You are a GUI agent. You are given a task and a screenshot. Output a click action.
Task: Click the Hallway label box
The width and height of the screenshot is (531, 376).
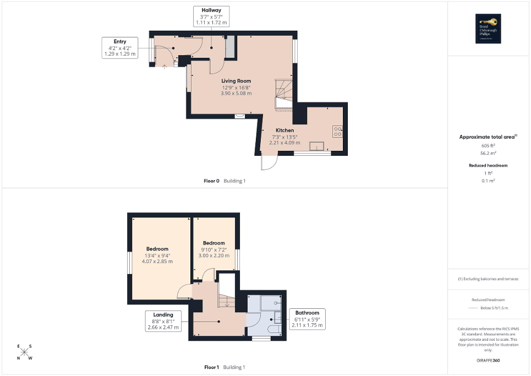(211, 17)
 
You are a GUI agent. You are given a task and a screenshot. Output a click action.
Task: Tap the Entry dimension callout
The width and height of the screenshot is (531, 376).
(120, 48)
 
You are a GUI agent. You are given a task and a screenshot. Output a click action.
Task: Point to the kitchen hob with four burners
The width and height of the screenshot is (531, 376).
(338, 131)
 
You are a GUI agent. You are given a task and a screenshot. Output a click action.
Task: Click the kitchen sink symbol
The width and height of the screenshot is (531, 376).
(317, 146)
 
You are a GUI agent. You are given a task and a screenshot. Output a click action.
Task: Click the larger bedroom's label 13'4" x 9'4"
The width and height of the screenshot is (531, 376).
(158, 255)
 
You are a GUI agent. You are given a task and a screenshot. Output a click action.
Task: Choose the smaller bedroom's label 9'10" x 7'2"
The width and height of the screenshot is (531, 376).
(214, 249)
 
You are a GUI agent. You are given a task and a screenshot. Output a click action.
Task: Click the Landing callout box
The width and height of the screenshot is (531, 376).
(163, 321)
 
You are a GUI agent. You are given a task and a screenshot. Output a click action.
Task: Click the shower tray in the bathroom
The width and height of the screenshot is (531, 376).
(270, 303)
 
